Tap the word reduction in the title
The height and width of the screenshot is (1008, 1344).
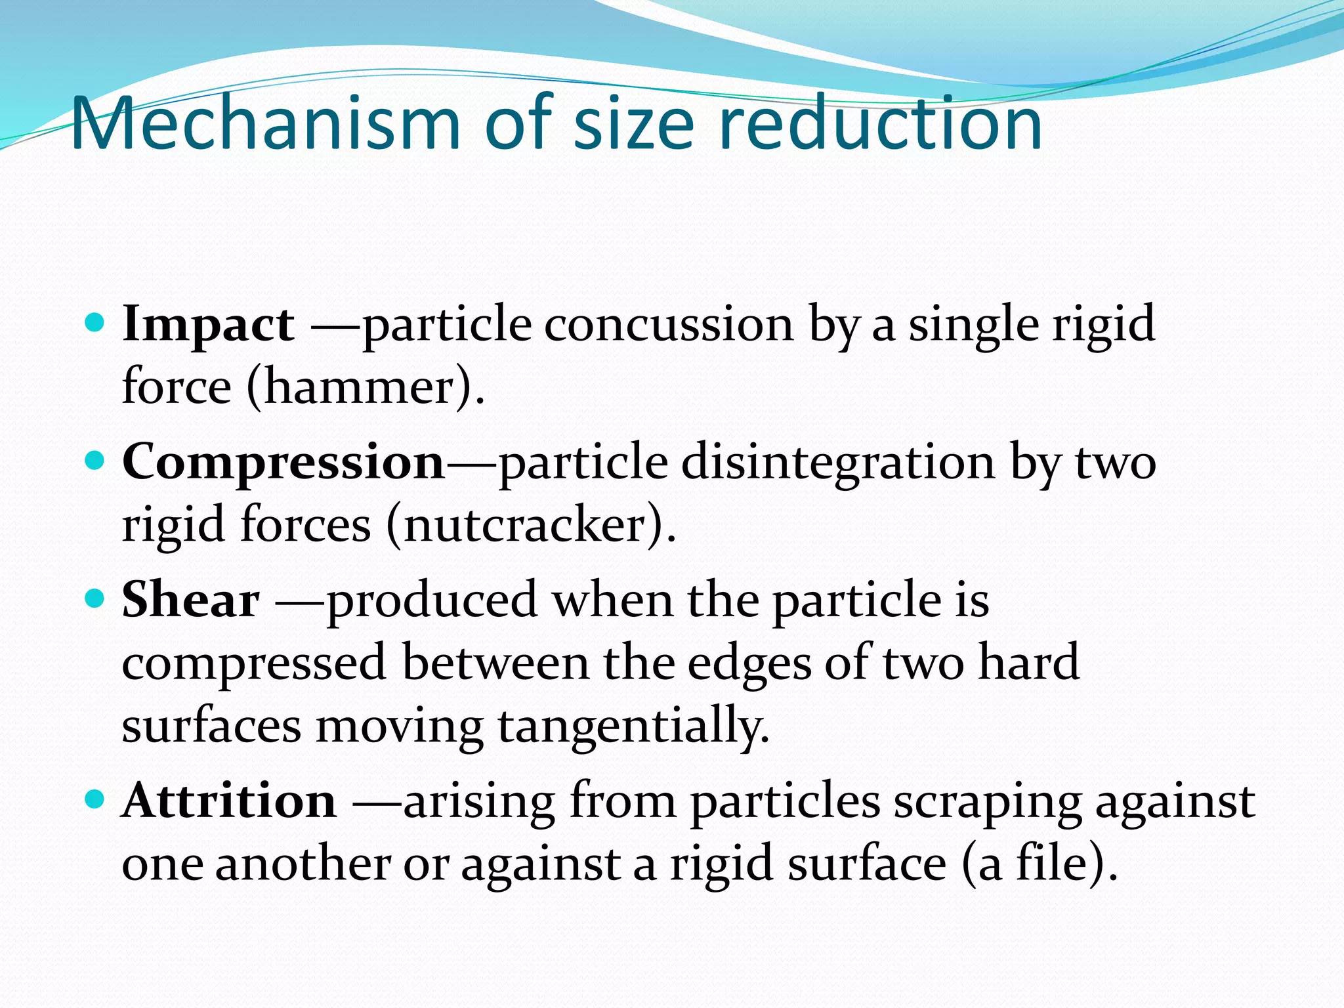click(879, 123)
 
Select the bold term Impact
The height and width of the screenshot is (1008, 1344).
click(208, 324)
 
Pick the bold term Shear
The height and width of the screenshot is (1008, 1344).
click(190, 600)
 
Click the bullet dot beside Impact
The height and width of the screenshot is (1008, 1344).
click(95, 323)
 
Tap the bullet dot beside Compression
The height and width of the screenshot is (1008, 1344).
click(95, 461)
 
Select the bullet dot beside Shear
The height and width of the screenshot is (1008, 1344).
click(95, 598)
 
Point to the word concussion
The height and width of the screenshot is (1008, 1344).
click(669, 324)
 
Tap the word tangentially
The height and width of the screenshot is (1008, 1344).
click(633, 727)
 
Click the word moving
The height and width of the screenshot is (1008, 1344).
click(400, 727)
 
